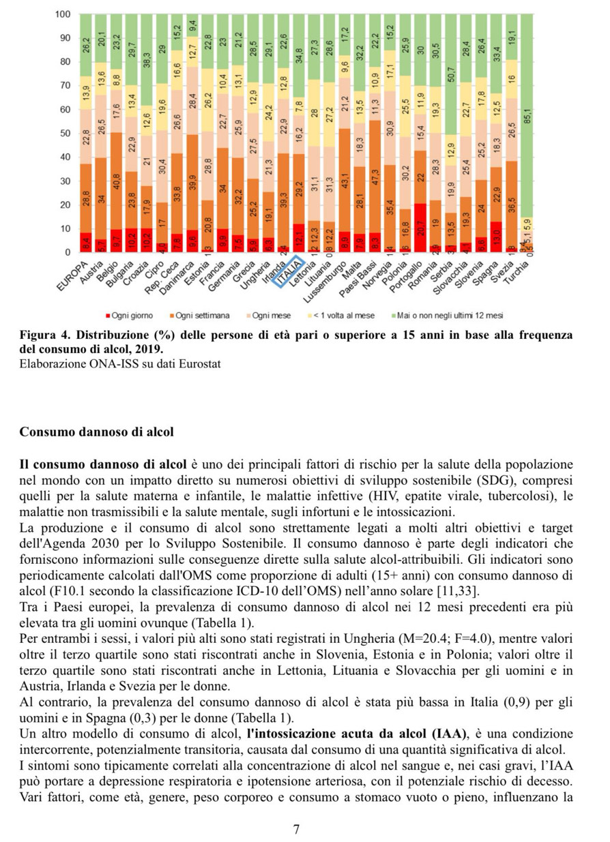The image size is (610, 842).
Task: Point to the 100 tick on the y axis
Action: point(63,14)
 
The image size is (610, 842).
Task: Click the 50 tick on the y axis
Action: point(65,134)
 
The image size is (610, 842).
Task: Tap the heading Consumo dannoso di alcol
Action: point(98,432)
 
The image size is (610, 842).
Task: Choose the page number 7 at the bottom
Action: point(296,830)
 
